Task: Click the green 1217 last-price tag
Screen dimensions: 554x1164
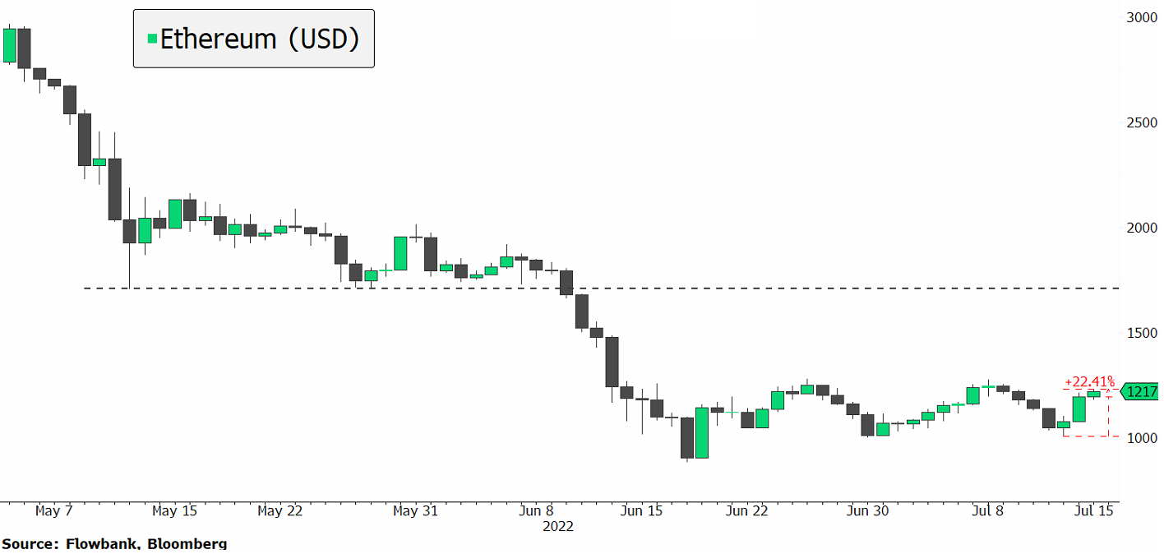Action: click(x=1142, y=393)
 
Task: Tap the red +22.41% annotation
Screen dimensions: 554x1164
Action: click(x=1089, y=381)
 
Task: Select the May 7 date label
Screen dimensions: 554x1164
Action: click(x=54, y=511)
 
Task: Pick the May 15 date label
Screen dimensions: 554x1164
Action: click(x=175, y=511)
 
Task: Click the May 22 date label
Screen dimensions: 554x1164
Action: click(x=280, y=511)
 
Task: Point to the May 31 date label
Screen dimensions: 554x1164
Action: click(x=415, y=511)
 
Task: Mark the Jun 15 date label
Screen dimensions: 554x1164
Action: click(x=640, y=511)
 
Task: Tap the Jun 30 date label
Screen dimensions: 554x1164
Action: click(x=868, y=511)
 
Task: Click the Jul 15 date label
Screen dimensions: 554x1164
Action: click(x=1094, y=511)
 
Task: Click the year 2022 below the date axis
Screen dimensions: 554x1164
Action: click(x=557, y=526)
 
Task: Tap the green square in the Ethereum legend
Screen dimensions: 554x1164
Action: click(x=152, y=39)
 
